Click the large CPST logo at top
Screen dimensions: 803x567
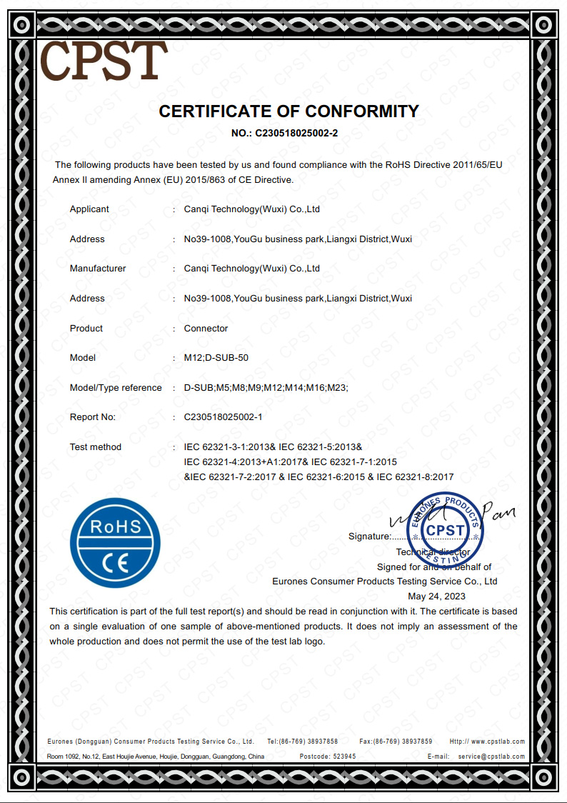pos(104,60)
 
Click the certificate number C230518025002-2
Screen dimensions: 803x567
pos(285,133)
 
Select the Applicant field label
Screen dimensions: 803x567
pos(89,209)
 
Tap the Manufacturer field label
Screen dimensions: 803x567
pos(98,269)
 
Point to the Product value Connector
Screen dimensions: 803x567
pos(206,329)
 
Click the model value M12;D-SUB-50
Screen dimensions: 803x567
pos(216,358)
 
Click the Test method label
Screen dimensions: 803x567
pos(96,447)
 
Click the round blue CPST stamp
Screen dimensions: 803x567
pos(445,529)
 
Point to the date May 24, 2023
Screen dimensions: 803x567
pos(436,596)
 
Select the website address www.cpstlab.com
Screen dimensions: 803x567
pos(498,742)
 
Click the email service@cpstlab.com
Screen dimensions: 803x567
pos(491,756)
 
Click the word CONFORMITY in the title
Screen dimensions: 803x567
pos(362,111)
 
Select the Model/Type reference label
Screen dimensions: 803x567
pos(116,388)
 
